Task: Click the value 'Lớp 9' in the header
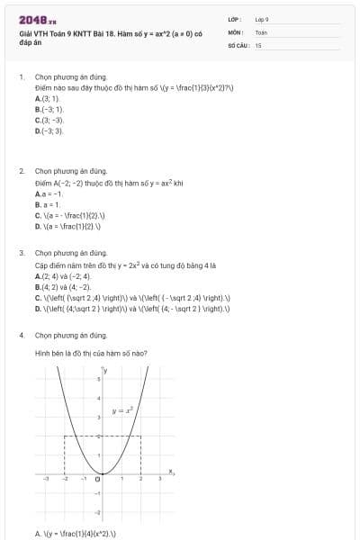[x=262, y=19]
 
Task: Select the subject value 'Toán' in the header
[x=261, y=31]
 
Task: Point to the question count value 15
[x=258, y=44]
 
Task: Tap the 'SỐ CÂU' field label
[x=237, y=44]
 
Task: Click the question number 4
[x=22, y=335]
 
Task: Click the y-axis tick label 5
[x=98, y=381]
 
